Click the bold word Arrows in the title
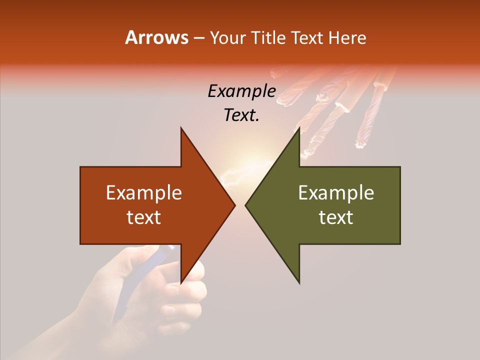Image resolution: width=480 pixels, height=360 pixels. [x=157, y=37]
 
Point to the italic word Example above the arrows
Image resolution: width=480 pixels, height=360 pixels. [x=241, y=91]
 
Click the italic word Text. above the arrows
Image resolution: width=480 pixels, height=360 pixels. [x=241, y=115]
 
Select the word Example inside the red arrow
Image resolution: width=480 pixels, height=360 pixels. [x=144, y=193]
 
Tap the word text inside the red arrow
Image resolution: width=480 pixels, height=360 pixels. [x=144, y=217]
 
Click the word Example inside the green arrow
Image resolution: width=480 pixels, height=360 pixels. [x=336, y=193]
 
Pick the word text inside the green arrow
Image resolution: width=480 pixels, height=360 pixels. [x=336, y=217]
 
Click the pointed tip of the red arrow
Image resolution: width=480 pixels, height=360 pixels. [x=234, y=205]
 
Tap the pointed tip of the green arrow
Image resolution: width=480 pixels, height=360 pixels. [x=246, y=205]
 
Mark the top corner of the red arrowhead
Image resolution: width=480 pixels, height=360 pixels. [x=181, y=128]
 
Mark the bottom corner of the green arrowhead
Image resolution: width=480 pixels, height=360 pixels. [x=299, y=283]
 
